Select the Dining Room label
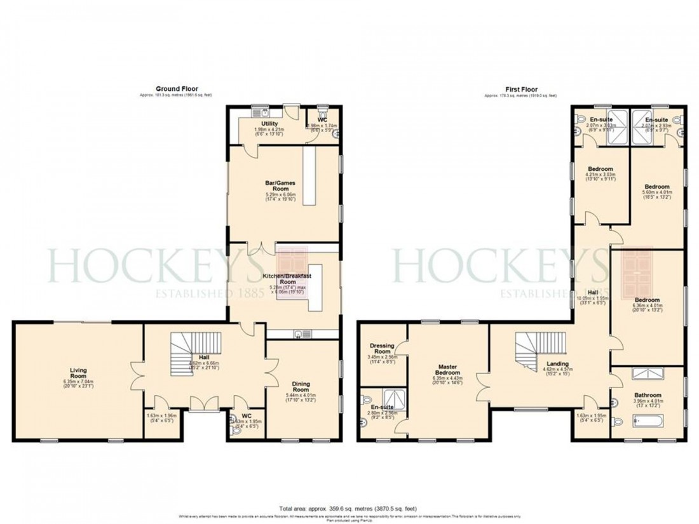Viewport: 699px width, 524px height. [300, 386]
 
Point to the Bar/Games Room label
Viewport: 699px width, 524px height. [280, 186]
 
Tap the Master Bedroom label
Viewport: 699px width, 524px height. [448, 370]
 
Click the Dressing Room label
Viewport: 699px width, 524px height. [383, 348]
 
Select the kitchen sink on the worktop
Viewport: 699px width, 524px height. [299, 334]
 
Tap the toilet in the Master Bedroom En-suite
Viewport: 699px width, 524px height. [364, 401]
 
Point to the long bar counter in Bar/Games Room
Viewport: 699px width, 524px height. [309, 178]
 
